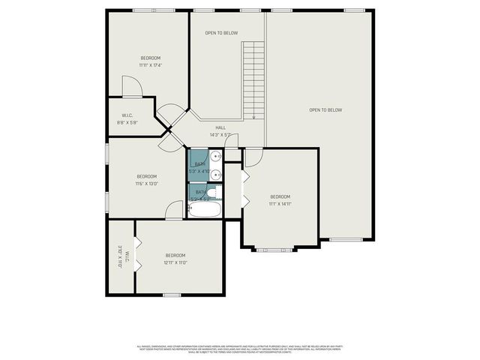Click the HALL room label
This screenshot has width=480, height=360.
[220, 127]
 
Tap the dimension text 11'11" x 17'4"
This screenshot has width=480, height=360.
[150, 65]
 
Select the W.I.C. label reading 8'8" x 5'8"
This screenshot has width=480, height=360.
[127, 122]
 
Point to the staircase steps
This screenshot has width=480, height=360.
[253, 79]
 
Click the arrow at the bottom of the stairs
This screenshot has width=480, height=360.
[253, 114]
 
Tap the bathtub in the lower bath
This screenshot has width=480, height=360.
[204, 208]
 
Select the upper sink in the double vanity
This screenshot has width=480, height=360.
[214, 157]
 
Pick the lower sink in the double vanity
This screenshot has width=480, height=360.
[214, 175]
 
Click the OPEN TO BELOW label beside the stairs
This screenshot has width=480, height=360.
[221, 33]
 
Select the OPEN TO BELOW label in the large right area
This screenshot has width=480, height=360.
[325, 110]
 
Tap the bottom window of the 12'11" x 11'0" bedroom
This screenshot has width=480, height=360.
[172, 295]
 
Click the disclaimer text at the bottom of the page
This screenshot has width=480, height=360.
[240, 349]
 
